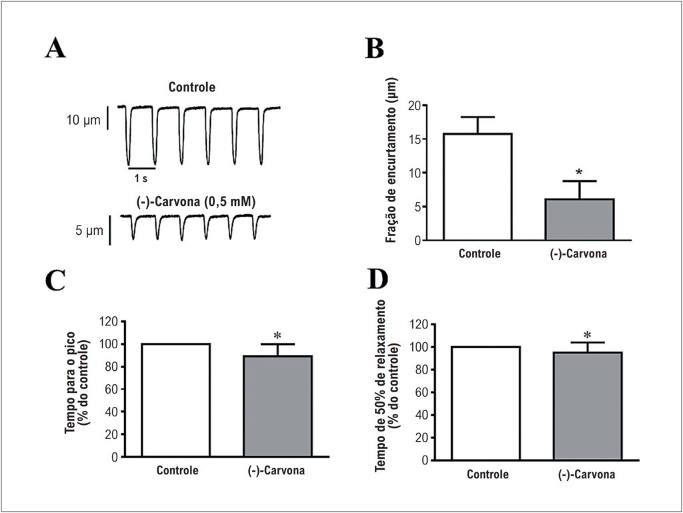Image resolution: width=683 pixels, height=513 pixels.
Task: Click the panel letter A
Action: [x=55, y=48]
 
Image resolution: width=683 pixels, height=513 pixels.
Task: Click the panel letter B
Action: [x=375, y=48]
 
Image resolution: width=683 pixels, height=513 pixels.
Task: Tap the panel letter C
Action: [x=55, y=280]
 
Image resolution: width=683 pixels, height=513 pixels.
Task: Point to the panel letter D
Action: [x=378, y=279]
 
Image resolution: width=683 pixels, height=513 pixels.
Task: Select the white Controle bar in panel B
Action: [x=478, y=186]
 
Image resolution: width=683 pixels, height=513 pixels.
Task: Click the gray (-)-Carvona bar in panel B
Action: [x=580, y=219]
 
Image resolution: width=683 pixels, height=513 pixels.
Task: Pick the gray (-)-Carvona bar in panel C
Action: [x=277, y=406]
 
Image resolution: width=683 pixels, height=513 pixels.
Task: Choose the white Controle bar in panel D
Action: [x=486, y=403]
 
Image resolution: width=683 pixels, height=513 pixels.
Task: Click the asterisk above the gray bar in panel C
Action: [x=277, y=336]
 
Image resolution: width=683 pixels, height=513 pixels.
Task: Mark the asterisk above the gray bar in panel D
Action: [x=587, y=335]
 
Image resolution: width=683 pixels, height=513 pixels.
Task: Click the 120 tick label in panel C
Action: [x=109, y=322]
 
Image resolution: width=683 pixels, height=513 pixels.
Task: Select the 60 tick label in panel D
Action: [x=422, y=392]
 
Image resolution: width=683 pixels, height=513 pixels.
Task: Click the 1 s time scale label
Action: [x=141, y=178]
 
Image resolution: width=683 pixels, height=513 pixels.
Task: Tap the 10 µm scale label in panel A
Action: [x=83, y=120]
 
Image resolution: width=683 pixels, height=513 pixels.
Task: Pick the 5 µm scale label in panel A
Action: [x=89, y=230]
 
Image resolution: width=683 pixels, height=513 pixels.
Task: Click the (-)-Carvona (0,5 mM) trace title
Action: [x=195, y=202]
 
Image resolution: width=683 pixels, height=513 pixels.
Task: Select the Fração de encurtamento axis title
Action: [x=392, y=160]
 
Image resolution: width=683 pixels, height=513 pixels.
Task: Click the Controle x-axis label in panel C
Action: [x=177, y=471]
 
